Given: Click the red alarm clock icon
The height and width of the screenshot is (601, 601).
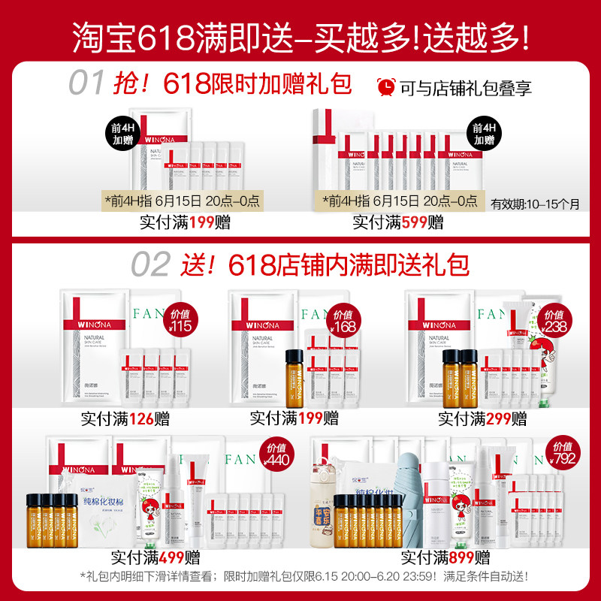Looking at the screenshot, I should [x=385, y=86].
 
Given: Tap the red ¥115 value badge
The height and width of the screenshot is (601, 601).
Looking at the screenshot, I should [x=179, y=322].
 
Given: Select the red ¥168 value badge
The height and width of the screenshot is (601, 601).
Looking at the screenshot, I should [x=344, y=322].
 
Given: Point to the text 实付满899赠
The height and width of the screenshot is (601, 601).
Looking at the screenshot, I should [x=445, y=557].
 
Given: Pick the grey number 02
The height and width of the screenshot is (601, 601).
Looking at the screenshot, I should [x=150, y=264].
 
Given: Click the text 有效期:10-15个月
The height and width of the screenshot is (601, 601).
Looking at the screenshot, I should [x=535, y=204].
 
